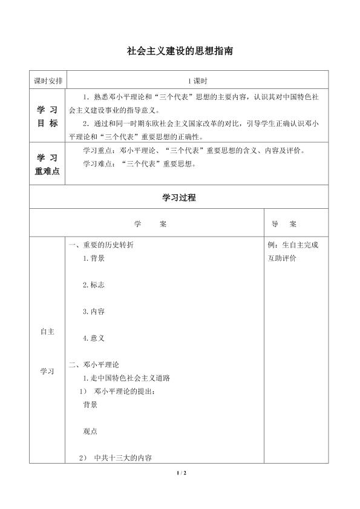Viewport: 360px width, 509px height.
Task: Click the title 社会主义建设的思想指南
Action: [x=180, y=52]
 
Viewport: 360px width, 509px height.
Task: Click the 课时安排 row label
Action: [x=48, y=80]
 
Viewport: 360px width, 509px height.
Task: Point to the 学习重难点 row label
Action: [x=48, y=163]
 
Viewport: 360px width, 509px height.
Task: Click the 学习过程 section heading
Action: [x=179, y=197]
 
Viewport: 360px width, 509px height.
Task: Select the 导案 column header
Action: [x=284, y=223]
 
